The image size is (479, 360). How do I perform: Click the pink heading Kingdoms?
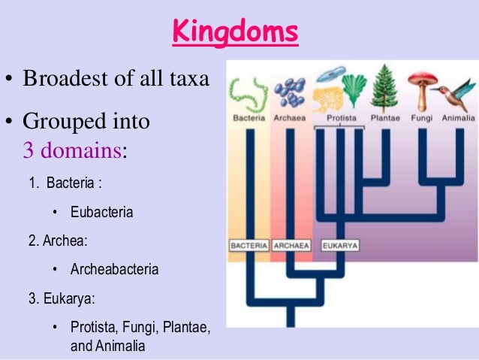pos(234,34)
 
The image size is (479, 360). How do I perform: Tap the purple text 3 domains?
pos(72,150)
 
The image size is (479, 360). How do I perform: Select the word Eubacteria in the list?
pos(101,212)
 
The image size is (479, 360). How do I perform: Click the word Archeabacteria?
pos(114,268)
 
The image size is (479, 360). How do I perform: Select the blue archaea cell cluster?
pos(289,92)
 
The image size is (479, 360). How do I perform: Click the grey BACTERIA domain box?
pos(249,245)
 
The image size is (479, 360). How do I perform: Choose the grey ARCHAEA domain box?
pos(291,245)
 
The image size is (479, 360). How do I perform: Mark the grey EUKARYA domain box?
pos(339,245)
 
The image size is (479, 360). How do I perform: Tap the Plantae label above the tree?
pos(386,119)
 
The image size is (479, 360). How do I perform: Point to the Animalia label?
pos(458,119)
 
